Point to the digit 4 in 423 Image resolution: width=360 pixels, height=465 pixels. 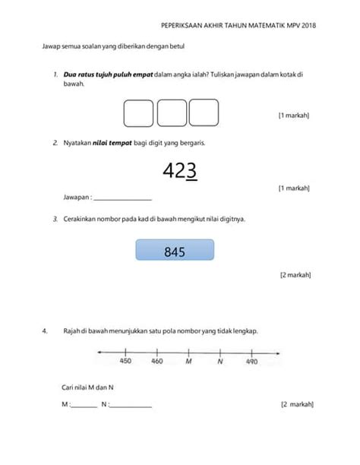point(169,172)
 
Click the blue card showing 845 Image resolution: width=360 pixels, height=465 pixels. point(175,251)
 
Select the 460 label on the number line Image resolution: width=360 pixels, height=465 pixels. point(156,361)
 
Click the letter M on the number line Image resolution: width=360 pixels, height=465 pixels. point(188,361)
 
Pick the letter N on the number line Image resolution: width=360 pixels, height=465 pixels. point(219,361)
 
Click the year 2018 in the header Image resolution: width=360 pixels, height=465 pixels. point(307,25)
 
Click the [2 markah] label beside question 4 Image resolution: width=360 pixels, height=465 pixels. point(295,405)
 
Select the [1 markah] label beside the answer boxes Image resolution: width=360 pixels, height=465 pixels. point(293,115)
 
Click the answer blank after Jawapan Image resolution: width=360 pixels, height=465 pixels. point(122,198)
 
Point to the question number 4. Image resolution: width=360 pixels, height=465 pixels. point(46,331)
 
